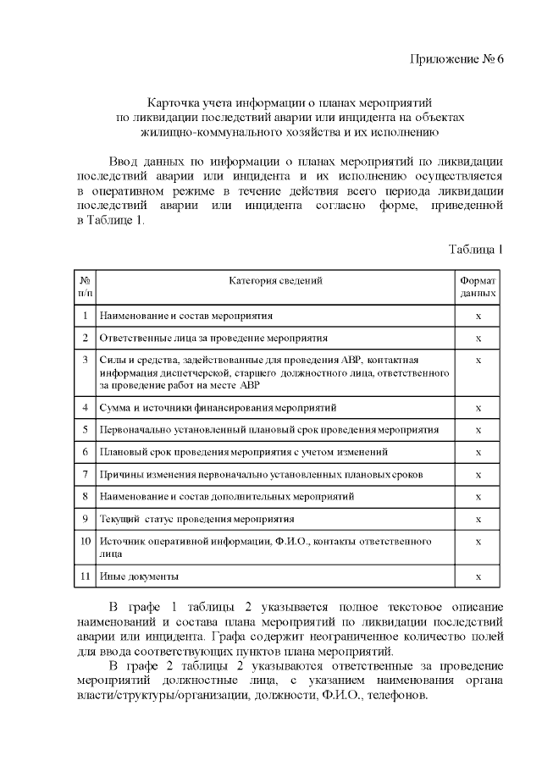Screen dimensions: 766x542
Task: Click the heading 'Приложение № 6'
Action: [456, 58]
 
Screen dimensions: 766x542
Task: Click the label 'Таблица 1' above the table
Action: [475, 249]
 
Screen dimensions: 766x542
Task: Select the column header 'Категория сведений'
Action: [275, 281]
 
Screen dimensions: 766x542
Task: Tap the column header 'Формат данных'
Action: [478, 287]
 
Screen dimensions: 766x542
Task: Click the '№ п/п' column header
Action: [85, 287]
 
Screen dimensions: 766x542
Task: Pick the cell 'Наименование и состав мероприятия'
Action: [186, 316]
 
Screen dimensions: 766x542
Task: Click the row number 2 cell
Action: [85, 339]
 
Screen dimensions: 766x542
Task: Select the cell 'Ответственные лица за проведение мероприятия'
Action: [213, 339]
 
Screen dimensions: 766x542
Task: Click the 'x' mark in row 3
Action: [478, 361]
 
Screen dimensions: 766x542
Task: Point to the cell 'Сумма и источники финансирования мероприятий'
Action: [218, 408]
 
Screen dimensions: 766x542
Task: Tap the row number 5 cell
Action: [85, 430]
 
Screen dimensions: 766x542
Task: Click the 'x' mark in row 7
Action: [478, 474]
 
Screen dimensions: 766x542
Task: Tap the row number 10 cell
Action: [85, 541]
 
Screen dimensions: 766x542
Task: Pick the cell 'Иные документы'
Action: [139, 577]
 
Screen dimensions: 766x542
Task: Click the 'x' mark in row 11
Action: [478, 577]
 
